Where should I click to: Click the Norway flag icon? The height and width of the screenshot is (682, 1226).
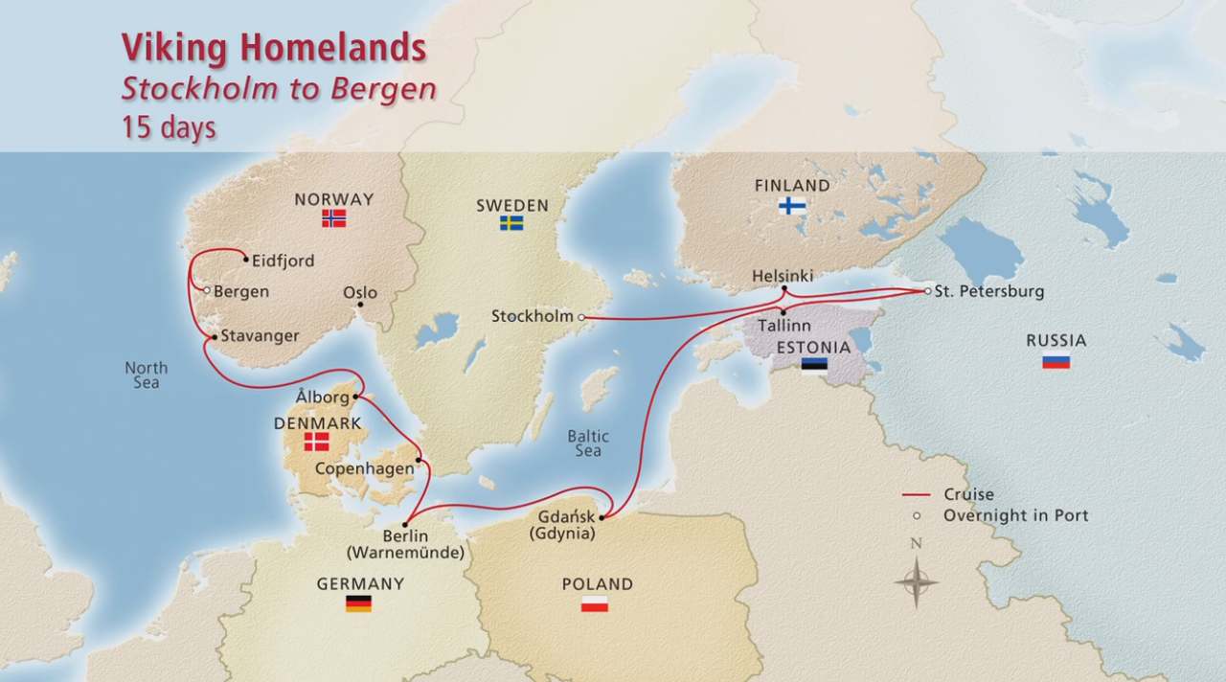333,218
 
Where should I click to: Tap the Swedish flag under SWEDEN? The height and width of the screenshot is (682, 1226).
511,223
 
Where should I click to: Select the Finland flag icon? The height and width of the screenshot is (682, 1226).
792,205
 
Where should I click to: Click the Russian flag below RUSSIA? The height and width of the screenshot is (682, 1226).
1056,361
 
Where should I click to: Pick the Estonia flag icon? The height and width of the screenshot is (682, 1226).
814,365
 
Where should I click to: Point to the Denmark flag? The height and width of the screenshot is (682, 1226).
316,442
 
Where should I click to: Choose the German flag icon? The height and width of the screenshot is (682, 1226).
358,603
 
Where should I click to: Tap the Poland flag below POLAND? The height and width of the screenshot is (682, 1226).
595,603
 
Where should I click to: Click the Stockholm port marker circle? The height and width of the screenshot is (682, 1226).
581,317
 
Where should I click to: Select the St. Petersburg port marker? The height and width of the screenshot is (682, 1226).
926,291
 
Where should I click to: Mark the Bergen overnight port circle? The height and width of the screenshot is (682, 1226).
206,290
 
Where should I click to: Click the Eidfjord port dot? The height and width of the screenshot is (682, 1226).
246,260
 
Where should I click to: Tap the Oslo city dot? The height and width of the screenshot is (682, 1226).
360,306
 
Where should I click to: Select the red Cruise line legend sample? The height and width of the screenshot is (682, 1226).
917,495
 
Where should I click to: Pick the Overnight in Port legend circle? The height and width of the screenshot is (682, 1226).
917,516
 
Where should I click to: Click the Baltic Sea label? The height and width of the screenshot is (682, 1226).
587,443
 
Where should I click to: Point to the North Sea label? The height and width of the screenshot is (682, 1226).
146,375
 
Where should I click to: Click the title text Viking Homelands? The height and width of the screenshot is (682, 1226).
273,47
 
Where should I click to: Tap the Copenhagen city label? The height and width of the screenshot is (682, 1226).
364,468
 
